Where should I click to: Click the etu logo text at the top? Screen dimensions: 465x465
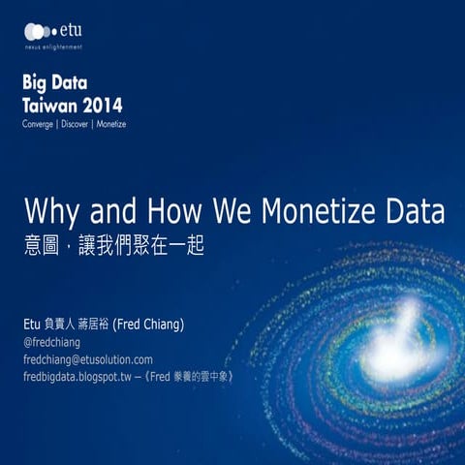coord(70,31)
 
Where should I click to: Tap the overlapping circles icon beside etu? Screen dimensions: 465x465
coord(39,31)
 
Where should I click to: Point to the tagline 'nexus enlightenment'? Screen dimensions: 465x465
coord(53,46)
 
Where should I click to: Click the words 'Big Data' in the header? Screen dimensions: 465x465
coord(56,82)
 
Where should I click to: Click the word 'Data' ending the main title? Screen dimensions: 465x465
coord(416,210)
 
